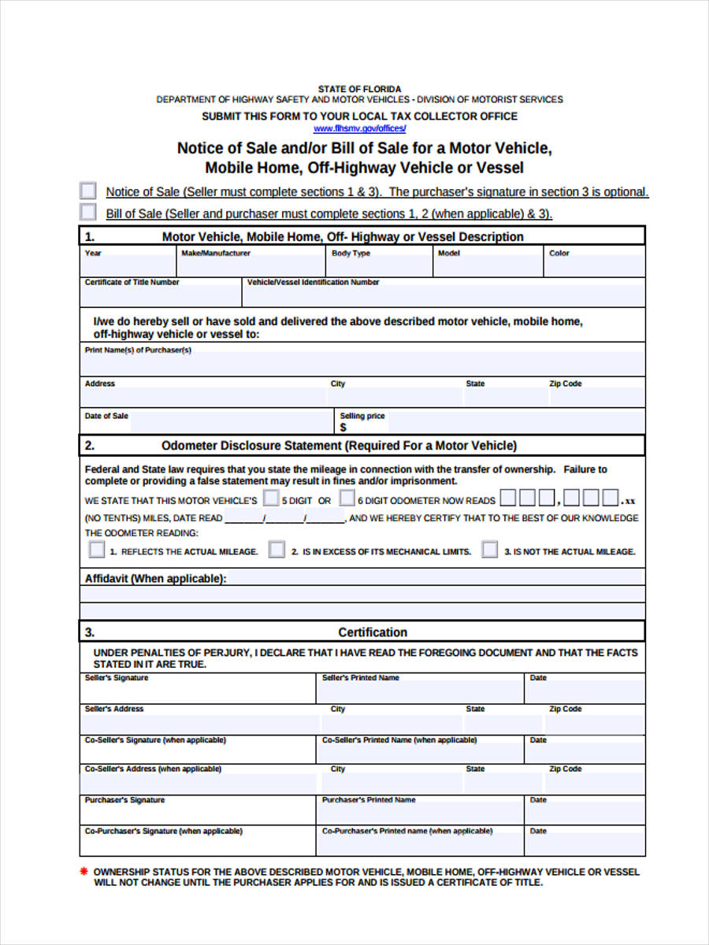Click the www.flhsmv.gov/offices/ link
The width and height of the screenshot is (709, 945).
coord(359,128)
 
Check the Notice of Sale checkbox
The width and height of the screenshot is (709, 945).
coord(88,191)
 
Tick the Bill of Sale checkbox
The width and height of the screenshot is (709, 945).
coord(88,213)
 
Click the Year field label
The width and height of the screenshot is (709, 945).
coord(93,254)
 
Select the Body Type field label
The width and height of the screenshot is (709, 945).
coord(351,254)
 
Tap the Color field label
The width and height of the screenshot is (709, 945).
coord(559,254)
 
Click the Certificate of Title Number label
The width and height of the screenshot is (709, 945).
coord(132,282)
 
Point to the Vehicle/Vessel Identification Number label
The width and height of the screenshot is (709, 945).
coord(313,282)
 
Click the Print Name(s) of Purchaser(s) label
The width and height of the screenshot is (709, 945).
coord(138,350)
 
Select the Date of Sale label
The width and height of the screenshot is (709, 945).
coord(106,416)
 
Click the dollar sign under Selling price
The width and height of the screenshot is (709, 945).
coord(343,428)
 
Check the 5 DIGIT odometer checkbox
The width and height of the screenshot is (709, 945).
coord(270,498)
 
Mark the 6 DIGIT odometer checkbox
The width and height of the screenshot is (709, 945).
coord(347,498)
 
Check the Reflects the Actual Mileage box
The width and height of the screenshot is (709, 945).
coord(96,550)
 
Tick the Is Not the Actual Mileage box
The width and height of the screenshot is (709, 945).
coord(490,550)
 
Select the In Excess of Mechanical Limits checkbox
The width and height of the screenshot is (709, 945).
coord(277,550)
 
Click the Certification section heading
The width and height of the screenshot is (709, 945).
coord(373,632)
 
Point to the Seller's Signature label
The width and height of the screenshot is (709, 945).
coord(116,678)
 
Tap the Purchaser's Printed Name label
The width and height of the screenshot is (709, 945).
coord(369,800)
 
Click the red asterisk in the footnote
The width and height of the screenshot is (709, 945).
coord(84,872)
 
